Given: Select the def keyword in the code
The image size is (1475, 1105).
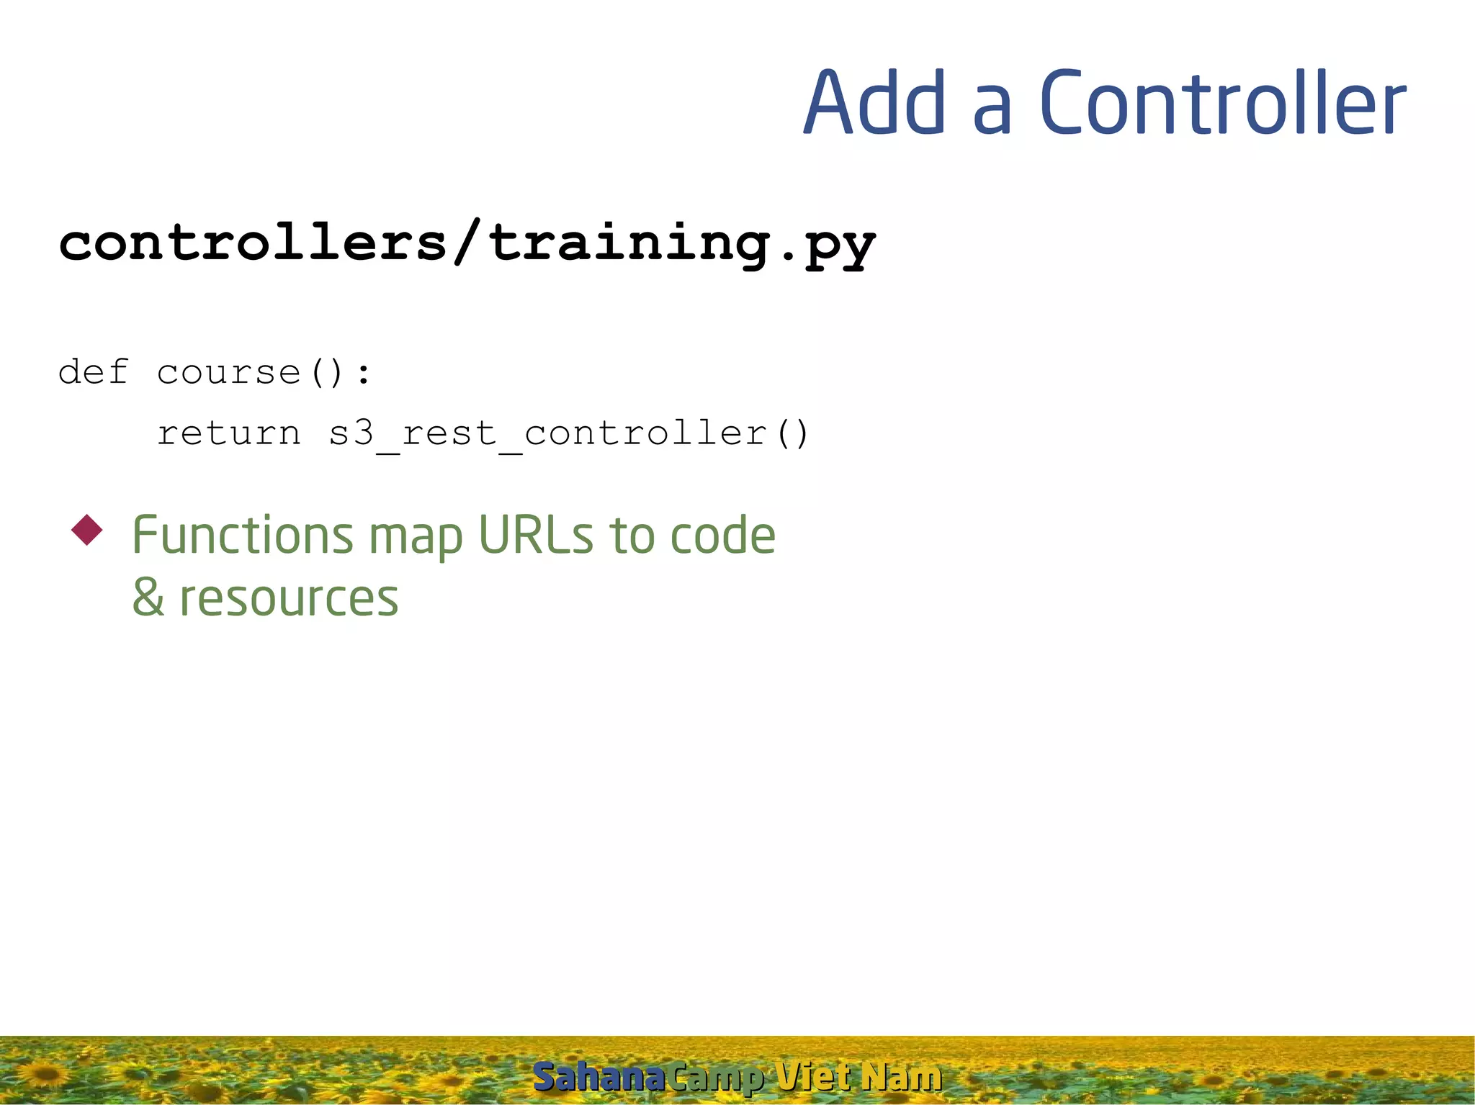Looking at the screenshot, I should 94,372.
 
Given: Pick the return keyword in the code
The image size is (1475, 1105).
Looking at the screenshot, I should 228,433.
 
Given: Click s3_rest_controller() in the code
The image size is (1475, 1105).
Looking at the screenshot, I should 569,433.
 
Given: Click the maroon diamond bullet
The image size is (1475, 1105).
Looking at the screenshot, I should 87,531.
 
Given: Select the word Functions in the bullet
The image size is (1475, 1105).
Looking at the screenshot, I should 243,536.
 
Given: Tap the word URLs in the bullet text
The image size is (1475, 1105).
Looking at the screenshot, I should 536,536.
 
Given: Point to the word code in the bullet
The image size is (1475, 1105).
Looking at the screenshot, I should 722,536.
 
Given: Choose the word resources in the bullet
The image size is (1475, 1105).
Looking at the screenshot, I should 288,600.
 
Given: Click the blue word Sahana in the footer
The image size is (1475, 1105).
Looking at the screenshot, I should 598,1078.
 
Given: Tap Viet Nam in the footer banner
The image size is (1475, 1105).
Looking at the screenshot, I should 858,1078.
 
